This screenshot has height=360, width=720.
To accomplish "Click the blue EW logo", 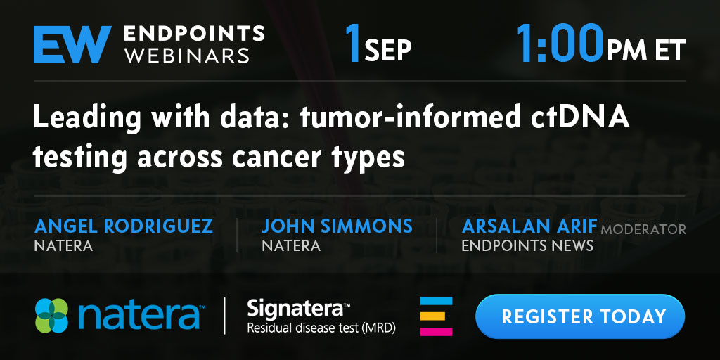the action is click(x=72, y=44).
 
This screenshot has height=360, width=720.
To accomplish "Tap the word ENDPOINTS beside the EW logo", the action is click(x=194, y=34).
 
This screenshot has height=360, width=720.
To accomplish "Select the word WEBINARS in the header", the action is click(x=187, y=55).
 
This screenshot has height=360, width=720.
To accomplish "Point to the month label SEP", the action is click(x=388, y=51).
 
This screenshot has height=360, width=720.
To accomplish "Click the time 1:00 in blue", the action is click(x=560, y=44).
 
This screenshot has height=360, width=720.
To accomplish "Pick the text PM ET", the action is click(x=646, y=50).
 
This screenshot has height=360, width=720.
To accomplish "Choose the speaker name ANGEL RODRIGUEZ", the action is click(x=124, y=226).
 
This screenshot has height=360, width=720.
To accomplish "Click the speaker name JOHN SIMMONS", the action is click(x=337, y=226).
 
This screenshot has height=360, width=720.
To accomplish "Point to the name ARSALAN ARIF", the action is click(x=529, y=226).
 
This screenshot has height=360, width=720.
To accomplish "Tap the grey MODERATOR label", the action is click(x=643, y=229).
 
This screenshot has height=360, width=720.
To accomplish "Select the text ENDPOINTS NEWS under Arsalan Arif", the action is click(x=527, y=245).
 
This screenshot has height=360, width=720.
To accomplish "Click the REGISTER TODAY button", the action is click(x=580, y=316).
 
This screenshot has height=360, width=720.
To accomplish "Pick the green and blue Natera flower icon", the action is click(x=51, y=316).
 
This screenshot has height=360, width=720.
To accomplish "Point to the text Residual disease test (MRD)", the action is click(x=321, y=328).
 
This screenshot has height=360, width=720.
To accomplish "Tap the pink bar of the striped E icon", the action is click(x=436, y=332).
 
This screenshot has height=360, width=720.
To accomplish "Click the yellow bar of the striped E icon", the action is click(x=432, y=316).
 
